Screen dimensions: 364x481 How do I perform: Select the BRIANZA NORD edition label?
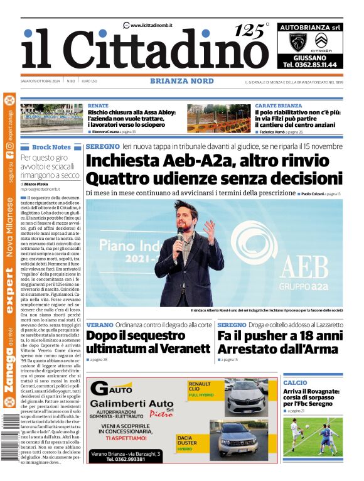tap(181, 81)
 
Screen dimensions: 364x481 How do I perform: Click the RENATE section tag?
tap(98, 105)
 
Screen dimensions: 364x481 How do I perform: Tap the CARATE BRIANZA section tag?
tap(278, 105)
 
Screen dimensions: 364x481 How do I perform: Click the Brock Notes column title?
tap(51, 147)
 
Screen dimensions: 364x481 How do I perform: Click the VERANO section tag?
tap(100, 325)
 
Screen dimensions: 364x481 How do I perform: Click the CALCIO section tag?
tap(295, 382)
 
